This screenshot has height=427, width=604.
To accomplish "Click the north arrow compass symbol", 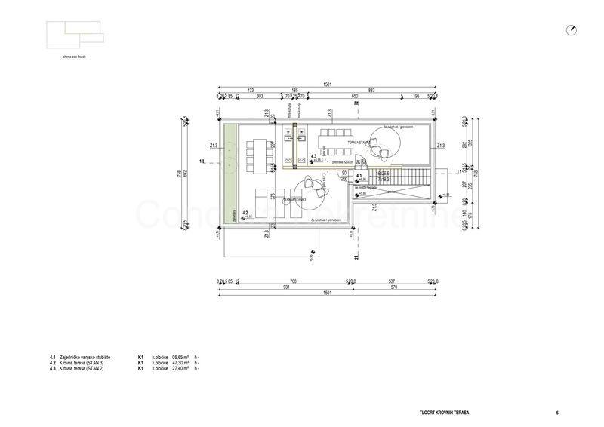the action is pyautogui.click(x=572, y=29).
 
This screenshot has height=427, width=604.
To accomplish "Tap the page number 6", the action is pyautogui.click(x=556, y=413).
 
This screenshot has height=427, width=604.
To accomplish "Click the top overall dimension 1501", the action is pyautogui.click(x=326, y=84).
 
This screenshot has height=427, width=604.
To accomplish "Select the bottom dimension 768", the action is pyautogui.click(x=294, y=281).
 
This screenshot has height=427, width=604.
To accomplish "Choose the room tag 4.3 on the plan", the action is pyautogui.click(x=313, y=156).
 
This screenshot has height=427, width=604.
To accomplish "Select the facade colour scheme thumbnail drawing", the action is pyautogui.click(x=72, y=35).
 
